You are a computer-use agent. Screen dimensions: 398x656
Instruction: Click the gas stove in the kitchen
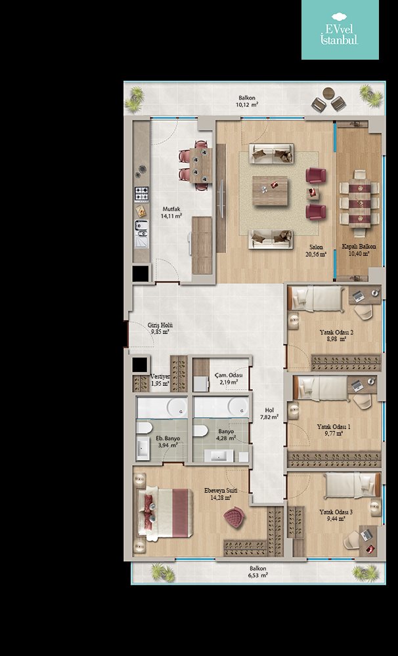pyautogui.click(x=142, y=194)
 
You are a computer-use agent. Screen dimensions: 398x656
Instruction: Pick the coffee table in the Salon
pyautogui.click(x=270, y=191)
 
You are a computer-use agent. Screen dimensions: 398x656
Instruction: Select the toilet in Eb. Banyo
pyautogui.click(x=144, y=428)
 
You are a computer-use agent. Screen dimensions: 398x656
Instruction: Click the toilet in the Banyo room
pyautogui.click(x=201, y=431)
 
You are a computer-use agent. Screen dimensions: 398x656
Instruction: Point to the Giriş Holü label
pyautogui.click(x=160, y=325)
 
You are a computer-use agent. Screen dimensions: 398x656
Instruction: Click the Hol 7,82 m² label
pyautogui.click(x=269, y=414)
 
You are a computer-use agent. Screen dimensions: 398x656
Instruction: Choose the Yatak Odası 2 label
pyautogui.click(x=336, y=332)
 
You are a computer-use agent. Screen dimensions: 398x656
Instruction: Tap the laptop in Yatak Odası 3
pyautogui.click(x=367, y=535)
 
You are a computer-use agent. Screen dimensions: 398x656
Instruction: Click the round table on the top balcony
pyautogui.click(x=329, y=93)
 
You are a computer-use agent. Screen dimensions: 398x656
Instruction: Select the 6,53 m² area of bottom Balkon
pyautogui.click(x=258, y=575)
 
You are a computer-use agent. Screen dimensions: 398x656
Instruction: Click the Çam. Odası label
pyautogui.click(x=229, y=375)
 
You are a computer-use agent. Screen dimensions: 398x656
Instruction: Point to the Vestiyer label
pyautogui.click(x=160, y=377)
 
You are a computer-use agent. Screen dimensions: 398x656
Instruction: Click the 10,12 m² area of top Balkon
pyautogui.click(x=247, y=104)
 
